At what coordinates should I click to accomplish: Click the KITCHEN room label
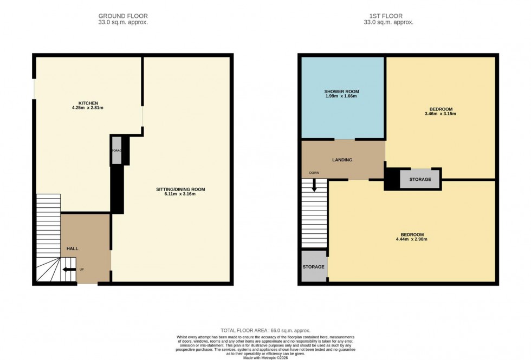point(88,103)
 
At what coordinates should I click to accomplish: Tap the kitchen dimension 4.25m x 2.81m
point(88,108)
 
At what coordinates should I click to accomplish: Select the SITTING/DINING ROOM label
point(180,189)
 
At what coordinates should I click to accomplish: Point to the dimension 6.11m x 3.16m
point(180,194)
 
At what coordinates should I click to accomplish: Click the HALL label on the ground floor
point(72,248)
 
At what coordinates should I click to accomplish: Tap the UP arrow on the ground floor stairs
point(69,269)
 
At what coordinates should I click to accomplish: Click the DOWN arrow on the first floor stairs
point(314,185)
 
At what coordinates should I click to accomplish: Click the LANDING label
point(342,160)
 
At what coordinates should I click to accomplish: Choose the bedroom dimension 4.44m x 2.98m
point(410,239)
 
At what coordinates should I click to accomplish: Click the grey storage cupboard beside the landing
point(420,179)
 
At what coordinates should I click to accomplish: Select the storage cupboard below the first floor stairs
point(313,267)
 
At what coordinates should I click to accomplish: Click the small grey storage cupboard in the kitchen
point(117,150)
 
